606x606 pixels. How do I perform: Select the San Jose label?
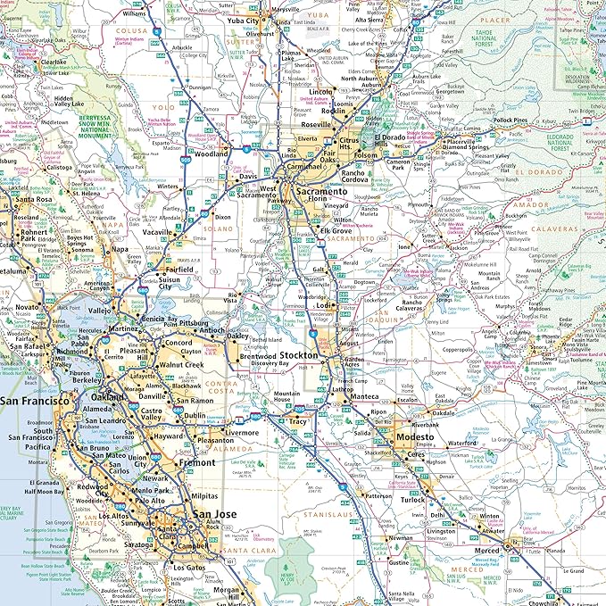216,514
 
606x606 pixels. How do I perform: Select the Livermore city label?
241,432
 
